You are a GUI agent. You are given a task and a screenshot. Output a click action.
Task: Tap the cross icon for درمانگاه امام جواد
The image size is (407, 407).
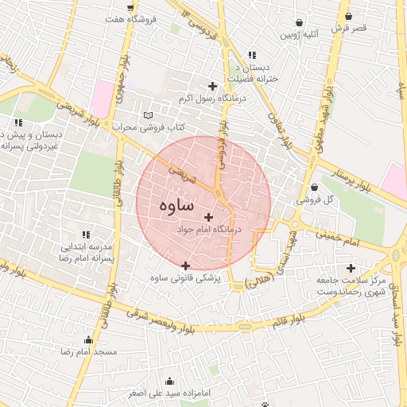click(x=209, y=217)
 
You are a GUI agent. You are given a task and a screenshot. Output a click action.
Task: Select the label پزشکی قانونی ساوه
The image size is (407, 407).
click(x=189, y=278)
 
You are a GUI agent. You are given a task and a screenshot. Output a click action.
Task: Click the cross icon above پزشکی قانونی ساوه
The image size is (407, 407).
click(x=186, y=266)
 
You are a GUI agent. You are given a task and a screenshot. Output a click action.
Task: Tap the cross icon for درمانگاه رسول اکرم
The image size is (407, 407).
click(x=212, y=87)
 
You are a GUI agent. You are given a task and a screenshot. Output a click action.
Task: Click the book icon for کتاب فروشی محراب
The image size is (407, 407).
click(x=147, y=116)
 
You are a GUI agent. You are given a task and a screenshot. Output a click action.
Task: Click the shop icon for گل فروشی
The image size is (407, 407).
click(x=316, y=188)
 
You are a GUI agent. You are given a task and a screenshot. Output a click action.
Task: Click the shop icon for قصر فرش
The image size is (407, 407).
click(x=349, y=16)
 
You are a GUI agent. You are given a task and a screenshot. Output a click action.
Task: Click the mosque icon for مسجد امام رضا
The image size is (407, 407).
click(x=88, y=339)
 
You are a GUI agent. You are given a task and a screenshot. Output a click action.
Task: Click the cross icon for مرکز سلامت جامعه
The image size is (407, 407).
click(x=351, y=268)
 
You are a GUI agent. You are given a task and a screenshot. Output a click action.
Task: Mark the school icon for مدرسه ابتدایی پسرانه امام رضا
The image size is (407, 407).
click(x=87, y=235)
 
